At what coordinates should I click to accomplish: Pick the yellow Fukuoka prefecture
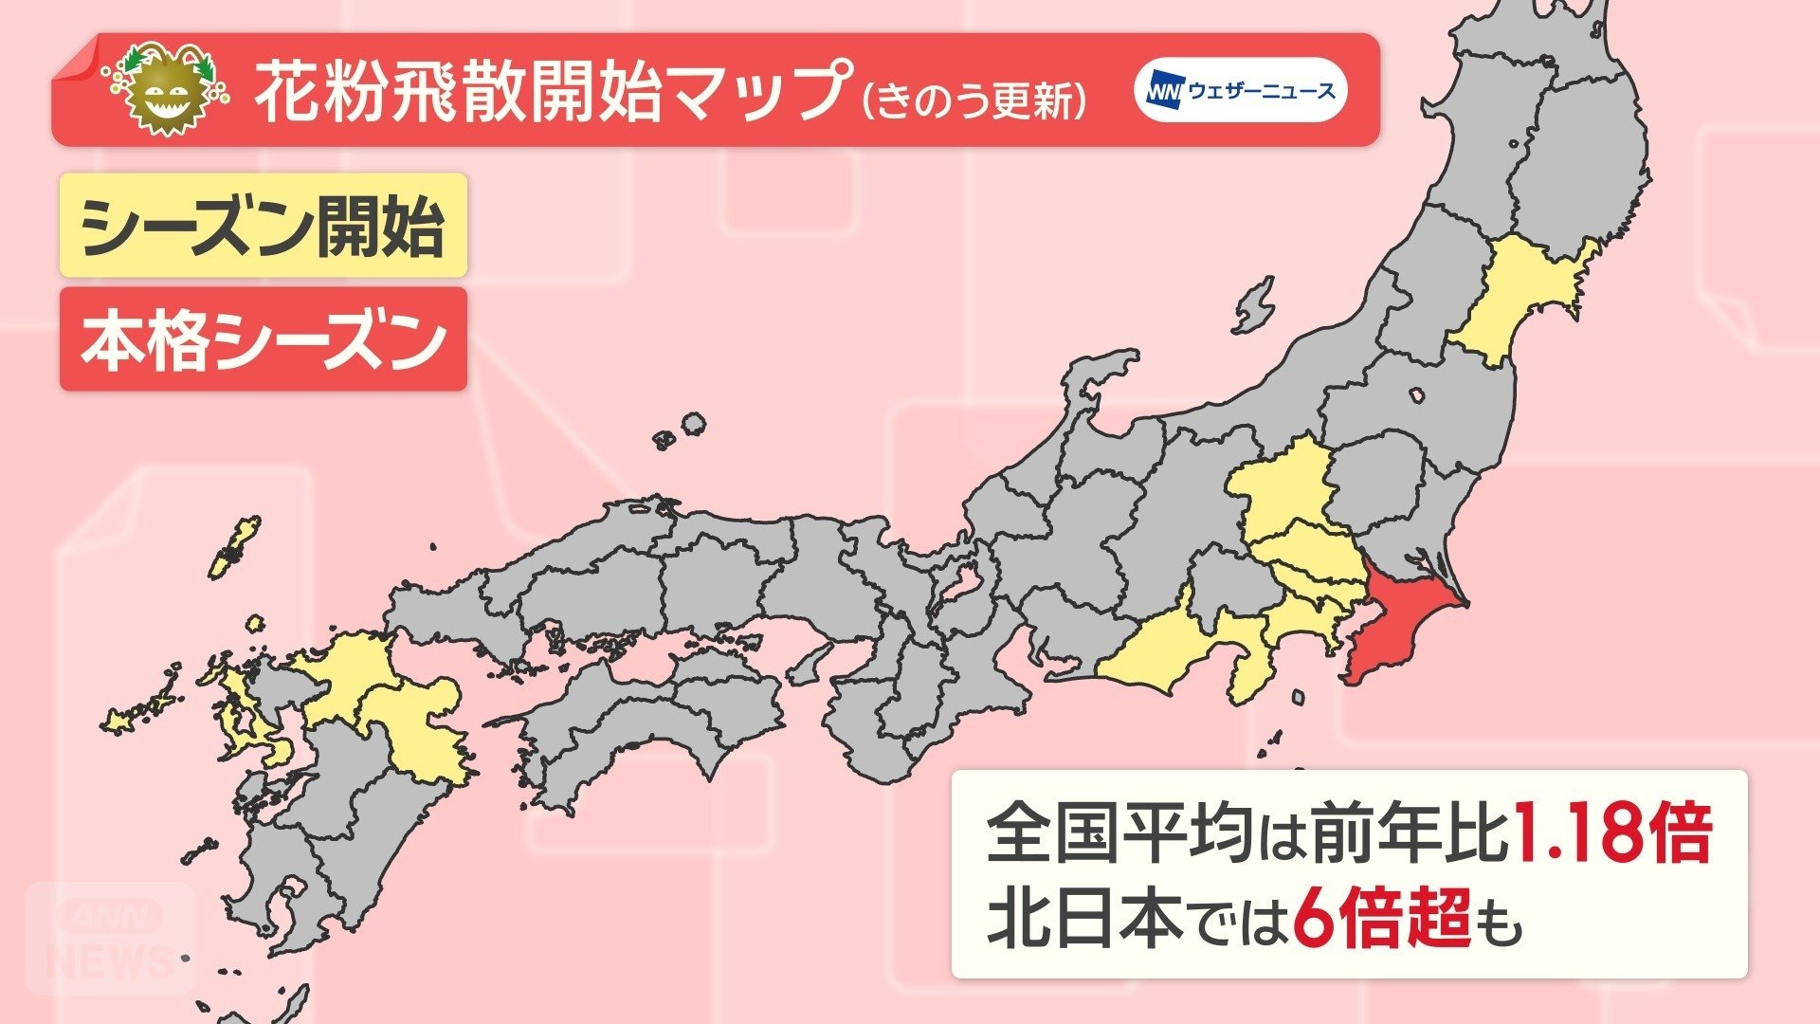pos(346,673)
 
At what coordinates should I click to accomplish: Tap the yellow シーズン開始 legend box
pos(263,226)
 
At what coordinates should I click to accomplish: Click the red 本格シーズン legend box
pos(263,339)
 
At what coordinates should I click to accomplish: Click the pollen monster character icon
pos(167,90)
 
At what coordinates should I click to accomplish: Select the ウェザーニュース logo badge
pos(1241,90)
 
